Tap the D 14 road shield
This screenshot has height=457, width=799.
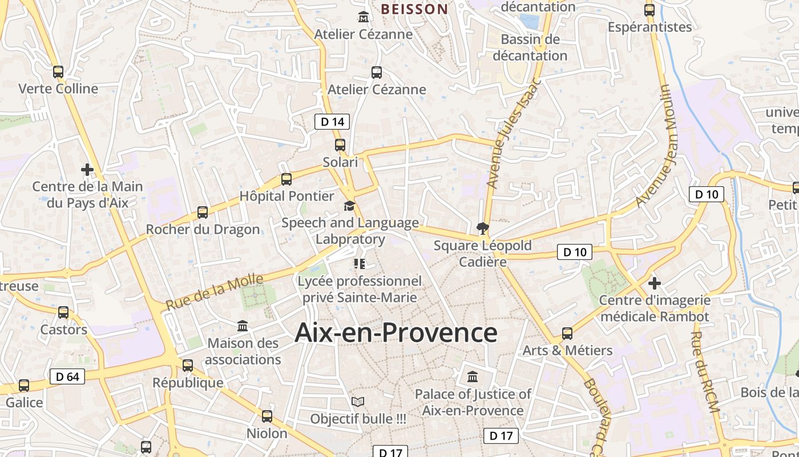pos(332,121)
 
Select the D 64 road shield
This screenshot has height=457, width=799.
pos(67,376)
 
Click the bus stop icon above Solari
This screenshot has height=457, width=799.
pos(340,145)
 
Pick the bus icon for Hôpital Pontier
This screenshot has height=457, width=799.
pos(286,179)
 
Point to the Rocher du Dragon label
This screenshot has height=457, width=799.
pos(203,230)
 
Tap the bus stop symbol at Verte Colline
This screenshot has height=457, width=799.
pos(58,72)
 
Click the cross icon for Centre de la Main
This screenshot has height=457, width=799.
pos(87,170)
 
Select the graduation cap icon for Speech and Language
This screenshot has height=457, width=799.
pos(349,206)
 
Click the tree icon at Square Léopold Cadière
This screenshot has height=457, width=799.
pos(483,229)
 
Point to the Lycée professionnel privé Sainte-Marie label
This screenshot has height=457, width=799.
pos(360,289)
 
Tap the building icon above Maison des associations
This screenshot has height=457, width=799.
pos(243,326)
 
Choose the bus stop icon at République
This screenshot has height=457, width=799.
pos(188,366)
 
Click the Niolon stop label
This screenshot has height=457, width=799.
pos(267,434)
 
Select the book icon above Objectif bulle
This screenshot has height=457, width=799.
pos(358,402)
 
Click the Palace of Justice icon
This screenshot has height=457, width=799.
pos(473,377)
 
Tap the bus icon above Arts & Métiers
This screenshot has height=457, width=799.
pos(567,333)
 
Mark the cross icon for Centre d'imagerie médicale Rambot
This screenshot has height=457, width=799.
pos(655,283)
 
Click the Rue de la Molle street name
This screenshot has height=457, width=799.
pos(215,292)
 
